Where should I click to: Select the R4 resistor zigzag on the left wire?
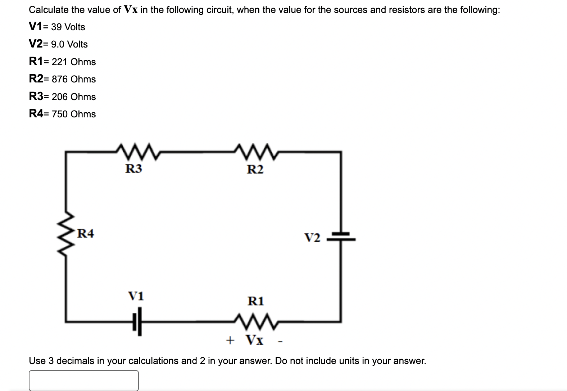(66, 233)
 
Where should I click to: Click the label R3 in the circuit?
(133, 168)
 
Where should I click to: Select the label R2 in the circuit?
(255, 169)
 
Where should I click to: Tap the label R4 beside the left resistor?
(86, 234)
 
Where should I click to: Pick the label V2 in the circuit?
(312, 238)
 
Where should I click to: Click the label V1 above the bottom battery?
(136, 296)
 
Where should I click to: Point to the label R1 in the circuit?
(255, 301)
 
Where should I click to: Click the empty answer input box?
(83, 380)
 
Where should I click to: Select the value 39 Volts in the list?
(68, 27)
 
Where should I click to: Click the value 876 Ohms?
(74, 79)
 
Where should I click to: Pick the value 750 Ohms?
(74, 114)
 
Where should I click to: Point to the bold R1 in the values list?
(36, 62)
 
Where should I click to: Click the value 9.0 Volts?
(69, 44)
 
